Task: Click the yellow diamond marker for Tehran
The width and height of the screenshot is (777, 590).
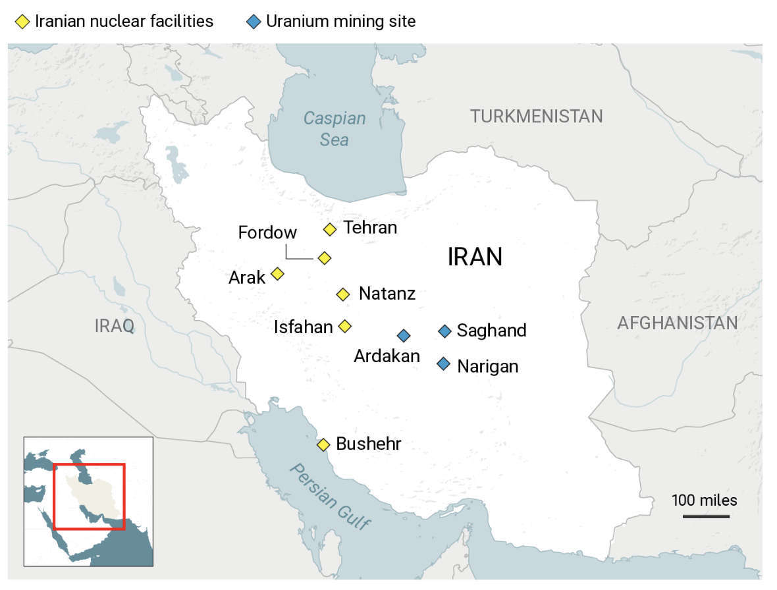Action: pyautogui.click(x=331, y=229)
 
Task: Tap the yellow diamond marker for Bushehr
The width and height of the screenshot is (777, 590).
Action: pyautogui.click(x=323, y=444)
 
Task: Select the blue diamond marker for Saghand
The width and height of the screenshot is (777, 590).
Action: pyautogui.click(x=444, y=331)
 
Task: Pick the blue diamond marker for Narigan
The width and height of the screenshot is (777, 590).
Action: pyautogui.click(x=444, y=364)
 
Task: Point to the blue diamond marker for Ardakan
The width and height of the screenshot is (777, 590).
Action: pyautogui.click(x=404, y=336)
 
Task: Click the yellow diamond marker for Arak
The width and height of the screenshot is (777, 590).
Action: pyautogui.click(x=278, y=273)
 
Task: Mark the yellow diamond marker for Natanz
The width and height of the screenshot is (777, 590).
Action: pyautogui.click(x=343, y=294)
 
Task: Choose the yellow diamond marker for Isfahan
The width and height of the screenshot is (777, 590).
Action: pyautogui.click(x=344, y=326)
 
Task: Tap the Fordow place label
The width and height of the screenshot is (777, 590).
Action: pyautogui.click(x=267, y=232)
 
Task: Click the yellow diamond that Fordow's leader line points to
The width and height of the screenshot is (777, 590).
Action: pyautogui.click(x=324, y=257)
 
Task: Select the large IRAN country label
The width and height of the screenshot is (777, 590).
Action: pyautogui.click(x=475, y=257)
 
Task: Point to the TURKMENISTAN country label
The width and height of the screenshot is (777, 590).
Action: pyautogui.click(x=537, y=117)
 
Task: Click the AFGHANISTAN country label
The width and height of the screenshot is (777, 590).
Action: pyautogui.click(x=678, y=323)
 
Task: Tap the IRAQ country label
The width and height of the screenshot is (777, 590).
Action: pyautogui.click(x=115, y=325)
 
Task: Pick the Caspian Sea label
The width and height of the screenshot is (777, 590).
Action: pyautogui.click(x=335, y=129)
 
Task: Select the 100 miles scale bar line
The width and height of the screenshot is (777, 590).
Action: pyautogui.click(x=706, y=516)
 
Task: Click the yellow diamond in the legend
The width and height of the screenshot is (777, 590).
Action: pyautogui.click(x=22, y=22)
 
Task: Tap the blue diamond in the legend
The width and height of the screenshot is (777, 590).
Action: pyautogui.click(x=254, y=22)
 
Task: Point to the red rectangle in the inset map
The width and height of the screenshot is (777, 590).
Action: pyautogui.click(x=89, y=464)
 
